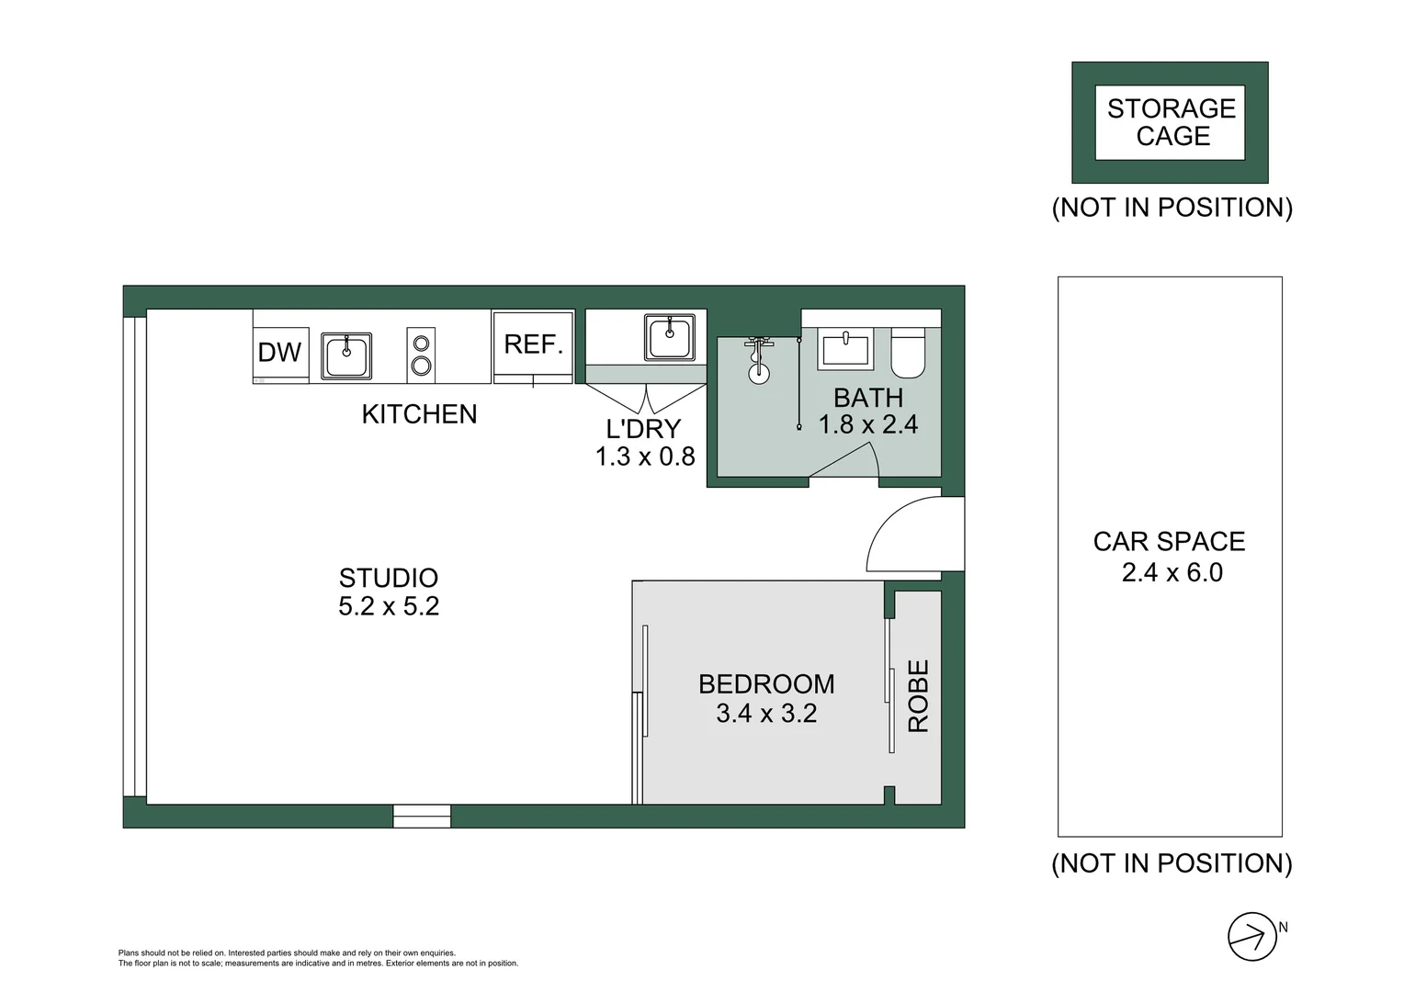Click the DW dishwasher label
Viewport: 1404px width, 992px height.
point(279,352)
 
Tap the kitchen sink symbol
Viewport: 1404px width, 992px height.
point(346,356)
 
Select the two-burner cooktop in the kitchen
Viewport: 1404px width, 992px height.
point(421,355)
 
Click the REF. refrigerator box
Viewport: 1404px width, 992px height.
point(533,344)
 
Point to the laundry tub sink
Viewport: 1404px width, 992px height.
point(670,337)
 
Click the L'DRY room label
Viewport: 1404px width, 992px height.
point(643,429)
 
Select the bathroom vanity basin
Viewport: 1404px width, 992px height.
point(845,351)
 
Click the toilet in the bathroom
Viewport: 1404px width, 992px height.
point(908,354)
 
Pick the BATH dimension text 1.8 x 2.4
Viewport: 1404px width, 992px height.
point(868,424)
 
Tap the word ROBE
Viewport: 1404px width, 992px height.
point(919,696)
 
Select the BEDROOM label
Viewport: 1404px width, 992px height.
point(766,684)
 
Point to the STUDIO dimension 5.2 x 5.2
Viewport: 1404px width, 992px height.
point(389,606)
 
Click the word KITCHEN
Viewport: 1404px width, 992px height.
point(419,414)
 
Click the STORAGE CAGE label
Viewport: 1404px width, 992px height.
point(1171,122)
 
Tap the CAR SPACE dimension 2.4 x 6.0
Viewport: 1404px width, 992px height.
point(1172,573)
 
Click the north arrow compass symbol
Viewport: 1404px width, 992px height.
point(1251,937)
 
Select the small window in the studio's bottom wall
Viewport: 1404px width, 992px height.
point(422,816)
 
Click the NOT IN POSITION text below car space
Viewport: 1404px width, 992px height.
point(1172,863)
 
